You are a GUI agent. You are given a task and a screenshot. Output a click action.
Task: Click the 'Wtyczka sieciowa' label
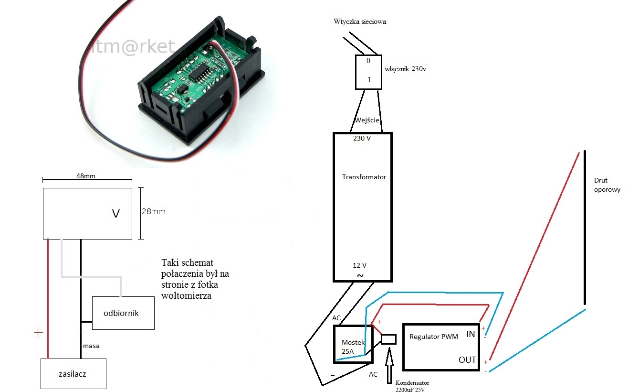(360, 22)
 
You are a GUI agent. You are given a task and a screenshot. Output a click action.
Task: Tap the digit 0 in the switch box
(368, 61)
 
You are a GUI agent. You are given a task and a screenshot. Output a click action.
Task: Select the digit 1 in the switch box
(369, 80)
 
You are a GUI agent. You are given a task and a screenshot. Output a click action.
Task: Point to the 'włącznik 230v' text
(405, 69)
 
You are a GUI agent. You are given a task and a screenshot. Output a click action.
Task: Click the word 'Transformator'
(364, 177)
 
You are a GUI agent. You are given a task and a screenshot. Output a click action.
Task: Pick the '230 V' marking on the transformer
(362, 138)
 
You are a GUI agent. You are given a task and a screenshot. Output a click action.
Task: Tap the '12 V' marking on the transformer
(359, 265)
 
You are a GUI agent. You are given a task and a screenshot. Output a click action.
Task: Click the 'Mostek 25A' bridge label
(353, 347)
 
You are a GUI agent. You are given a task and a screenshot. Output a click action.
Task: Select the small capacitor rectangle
(388, 339)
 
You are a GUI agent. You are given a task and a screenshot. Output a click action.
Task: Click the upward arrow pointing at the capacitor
(389, 365)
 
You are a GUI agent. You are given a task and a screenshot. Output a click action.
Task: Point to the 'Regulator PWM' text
(434, 337)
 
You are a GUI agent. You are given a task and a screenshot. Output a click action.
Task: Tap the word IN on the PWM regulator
(471, 334)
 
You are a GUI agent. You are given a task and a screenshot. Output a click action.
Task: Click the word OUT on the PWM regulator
(467, 359)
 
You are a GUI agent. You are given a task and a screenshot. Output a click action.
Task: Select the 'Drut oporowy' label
(607, 185)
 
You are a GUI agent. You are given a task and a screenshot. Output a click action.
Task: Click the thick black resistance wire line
(585, 228)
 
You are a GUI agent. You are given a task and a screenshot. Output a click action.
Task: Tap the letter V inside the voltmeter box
(116, 214)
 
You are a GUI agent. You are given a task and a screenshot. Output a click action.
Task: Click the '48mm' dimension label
(86, 176)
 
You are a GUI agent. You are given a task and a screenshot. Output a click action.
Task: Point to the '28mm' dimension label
(154, 211)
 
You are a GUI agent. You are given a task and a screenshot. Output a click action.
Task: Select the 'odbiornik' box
(123, 313)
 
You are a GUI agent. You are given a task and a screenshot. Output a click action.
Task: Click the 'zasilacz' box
(73, 374)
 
